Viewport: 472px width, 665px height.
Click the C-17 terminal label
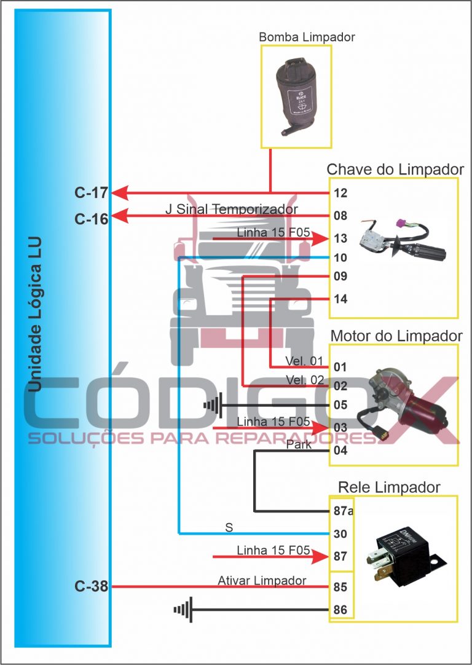coord(91,193)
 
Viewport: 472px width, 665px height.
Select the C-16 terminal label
coord(91,218)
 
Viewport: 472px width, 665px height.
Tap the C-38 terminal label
coord(91,586)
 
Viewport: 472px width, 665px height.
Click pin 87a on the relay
coord(342,511)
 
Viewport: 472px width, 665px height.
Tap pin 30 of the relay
coord(340,533)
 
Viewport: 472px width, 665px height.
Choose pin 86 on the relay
coord(340,610)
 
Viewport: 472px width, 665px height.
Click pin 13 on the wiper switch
coord(340,238)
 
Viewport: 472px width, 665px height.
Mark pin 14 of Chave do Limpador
coord(340,299)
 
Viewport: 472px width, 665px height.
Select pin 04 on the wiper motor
coord(340,451)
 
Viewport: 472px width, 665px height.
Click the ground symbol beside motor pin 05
coord(212,406)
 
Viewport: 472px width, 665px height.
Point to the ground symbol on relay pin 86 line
coord(183,610)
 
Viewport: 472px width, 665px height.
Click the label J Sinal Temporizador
coord(232,210)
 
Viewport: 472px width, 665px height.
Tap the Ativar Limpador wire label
coord(262,580)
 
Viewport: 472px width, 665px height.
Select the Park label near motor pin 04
coord(299,445)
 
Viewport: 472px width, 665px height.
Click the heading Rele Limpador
coord(389,487)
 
